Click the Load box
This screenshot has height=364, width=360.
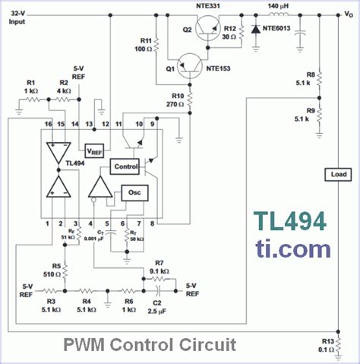click(337, 174)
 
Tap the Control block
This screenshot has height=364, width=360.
click(125, 166)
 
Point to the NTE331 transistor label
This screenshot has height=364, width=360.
click(208, 7)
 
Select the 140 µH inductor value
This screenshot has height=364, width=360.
click(279, 7)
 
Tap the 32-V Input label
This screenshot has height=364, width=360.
click(16, 17)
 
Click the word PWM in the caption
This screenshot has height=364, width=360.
click(82, 345)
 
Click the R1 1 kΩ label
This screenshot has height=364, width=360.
click(31, 87)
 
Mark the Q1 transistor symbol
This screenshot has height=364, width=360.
click(190, 70)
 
